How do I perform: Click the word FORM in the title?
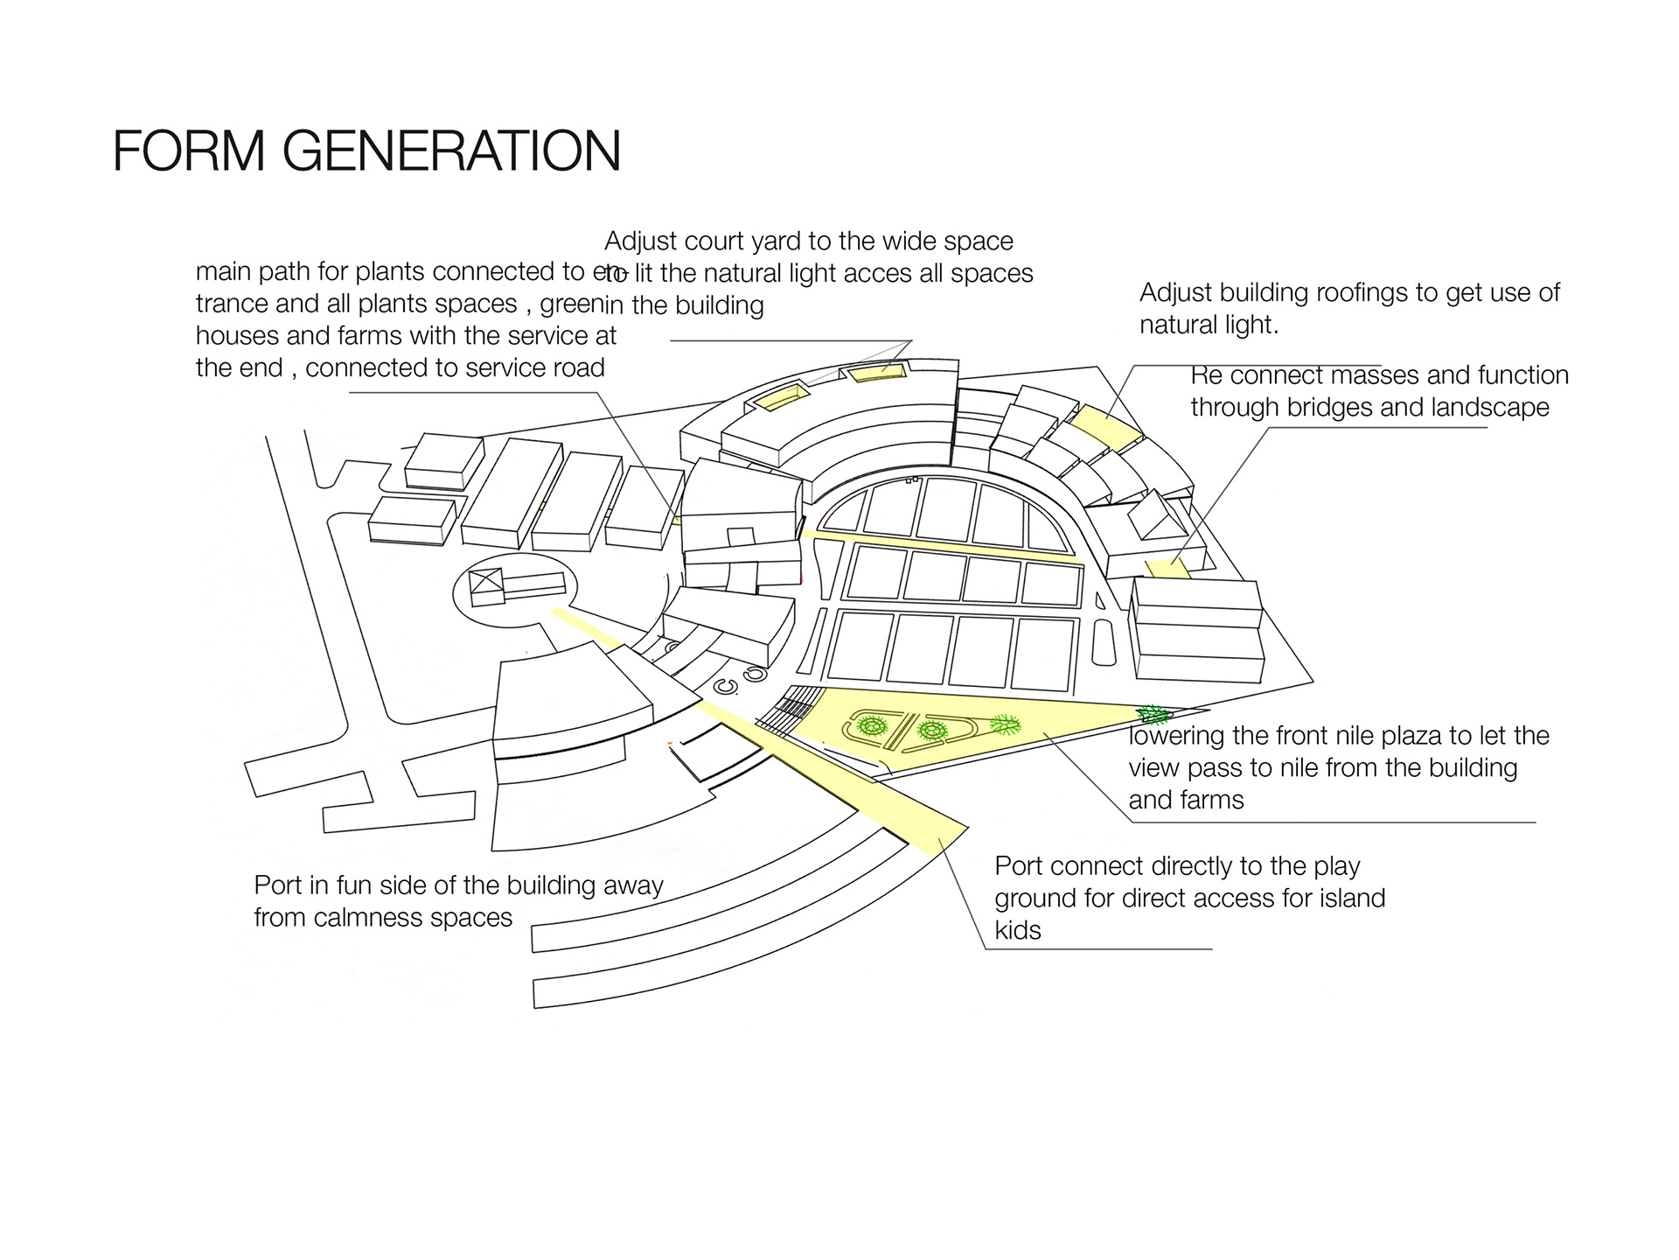pos(189,150)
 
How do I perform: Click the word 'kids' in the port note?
pos(1018,930)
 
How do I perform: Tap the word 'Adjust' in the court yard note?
pos(641,241)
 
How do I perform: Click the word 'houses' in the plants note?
pos(229,336)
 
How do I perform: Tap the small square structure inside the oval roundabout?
pos(486,584)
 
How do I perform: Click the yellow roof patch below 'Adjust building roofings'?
pos(1105,426)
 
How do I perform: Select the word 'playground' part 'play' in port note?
pos(1336,866)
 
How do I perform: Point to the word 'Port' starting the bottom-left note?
pos(277,885)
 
